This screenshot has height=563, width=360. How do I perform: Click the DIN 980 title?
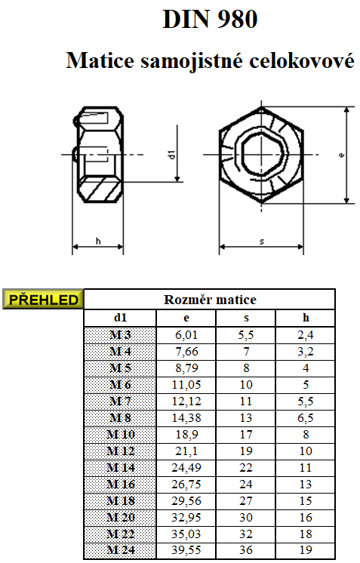click(x=210, y=19)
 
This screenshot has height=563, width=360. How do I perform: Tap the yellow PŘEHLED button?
click(x=43, y=299)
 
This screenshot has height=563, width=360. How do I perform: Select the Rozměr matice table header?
click(x=210, y=300)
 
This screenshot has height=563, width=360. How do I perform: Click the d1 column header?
click(x=120, y=318)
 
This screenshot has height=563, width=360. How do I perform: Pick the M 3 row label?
click(x=120, y=334)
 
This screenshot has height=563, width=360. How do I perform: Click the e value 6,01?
click(x=186, y=334)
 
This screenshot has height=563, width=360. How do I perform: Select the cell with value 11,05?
click(x=186, y=385)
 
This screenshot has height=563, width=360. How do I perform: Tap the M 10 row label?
click(x=121, y=435)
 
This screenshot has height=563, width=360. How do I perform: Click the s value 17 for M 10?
click(x=246, y=435)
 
